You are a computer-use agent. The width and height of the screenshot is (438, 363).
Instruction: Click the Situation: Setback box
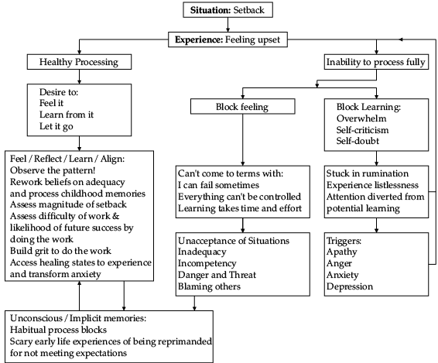tap(228, 10)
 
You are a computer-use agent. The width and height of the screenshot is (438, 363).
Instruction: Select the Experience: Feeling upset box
tap(228, 39)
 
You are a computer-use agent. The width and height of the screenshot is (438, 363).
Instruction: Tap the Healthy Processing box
tap(79, 62)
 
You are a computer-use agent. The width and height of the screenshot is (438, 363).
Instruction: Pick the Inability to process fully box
tap(376, 62)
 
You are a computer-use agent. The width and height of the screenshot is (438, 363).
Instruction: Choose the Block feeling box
tap(242, 106)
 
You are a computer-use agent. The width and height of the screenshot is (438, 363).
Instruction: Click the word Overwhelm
tap(361, 118)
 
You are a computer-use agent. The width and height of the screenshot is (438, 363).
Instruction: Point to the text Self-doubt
tap(358, 141)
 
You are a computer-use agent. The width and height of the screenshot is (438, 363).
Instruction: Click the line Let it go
tap(56, 126)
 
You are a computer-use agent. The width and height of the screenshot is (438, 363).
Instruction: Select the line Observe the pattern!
tap(53, 170)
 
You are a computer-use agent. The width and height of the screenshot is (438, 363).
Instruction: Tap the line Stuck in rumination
tap(368, 173)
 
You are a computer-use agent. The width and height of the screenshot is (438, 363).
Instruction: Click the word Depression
tap(350, 286)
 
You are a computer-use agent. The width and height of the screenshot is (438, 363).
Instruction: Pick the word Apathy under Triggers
tap(341, 252)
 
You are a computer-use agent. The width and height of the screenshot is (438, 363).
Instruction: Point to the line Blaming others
tap(209, 286)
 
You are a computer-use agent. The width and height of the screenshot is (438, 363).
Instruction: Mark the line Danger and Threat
tap(217, 275)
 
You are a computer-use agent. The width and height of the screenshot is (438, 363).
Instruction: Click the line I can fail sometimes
tap(218, 185)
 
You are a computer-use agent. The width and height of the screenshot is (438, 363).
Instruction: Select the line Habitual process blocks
tap(58, 330)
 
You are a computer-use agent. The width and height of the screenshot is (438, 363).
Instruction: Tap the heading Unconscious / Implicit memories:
tap(78, 318)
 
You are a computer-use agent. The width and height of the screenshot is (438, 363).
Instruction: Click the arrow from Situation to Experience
tap(228, 25)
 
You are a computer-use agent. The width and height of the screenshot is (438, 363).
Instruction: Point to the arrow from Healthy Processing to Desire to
tap(80, 77)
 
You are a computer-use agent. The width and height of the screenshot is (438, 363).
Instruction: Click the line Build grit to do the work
tap(60, 251)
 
